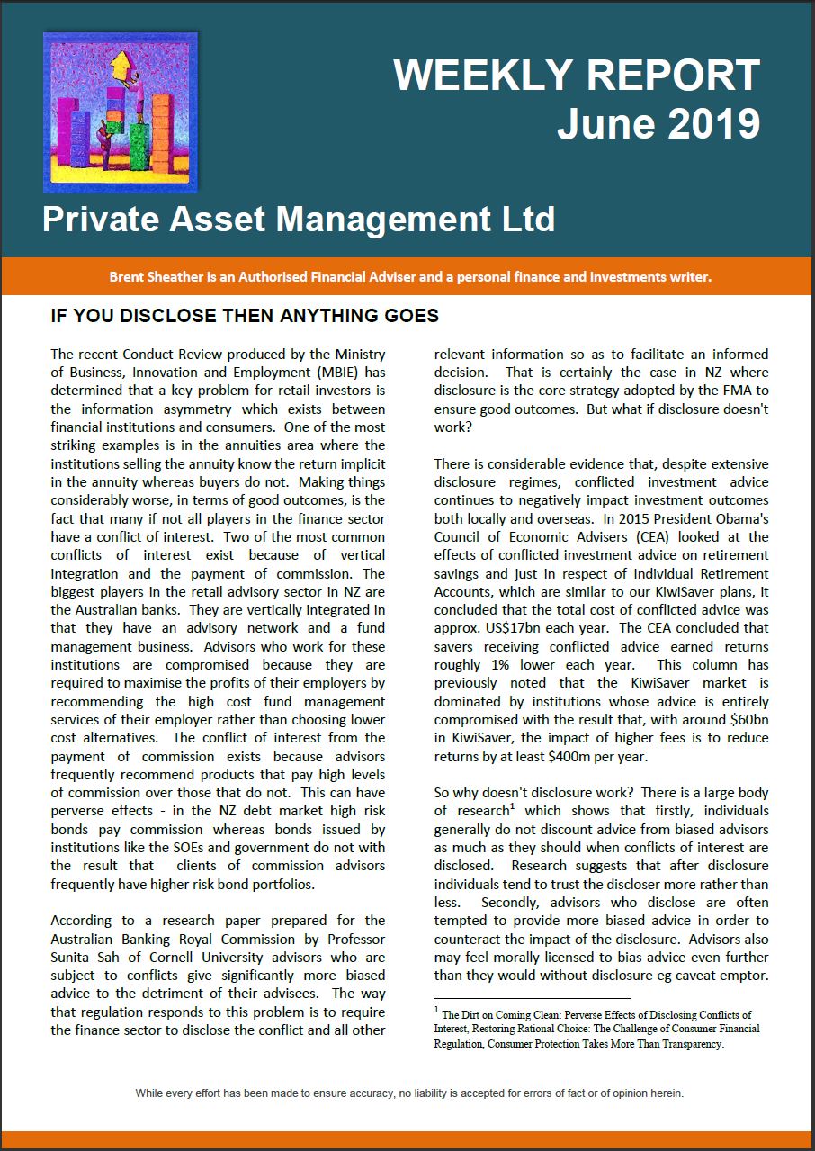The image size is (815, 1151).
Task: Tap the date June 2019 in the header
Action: (x=658, y=123)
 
